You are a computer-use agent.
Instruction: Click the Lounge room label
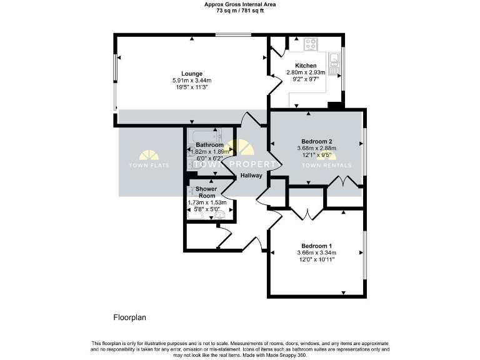coord(192,73)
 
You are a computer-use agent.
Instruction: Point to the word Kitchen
coord(306,66)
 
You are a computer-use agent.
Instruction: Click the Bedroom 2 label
coord(316,141)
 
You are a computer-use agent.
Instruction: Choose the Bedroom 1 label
coord(316,246)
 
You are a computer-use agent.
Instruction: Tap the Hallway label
coord(251,176)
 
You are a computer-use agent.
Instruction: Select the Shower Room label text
coord(206,192)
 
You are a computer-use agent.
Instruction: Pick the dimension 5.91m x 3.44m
coord(192,81)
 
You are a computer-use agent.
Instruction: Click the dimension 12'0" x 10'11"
coord(316,260)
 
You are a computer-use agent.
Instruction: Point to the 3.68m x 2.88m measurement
coord(316,148)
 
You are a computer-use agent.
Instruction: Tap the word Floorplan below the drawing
coord(129,317)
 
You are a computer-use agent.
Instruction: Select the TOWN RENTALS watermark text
coord(326,166)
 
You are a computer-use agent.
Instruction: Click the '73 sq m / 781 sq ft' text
coord(240,11)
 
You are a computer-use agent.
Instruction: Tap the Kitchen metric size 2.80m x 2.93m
coord(306,72)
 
